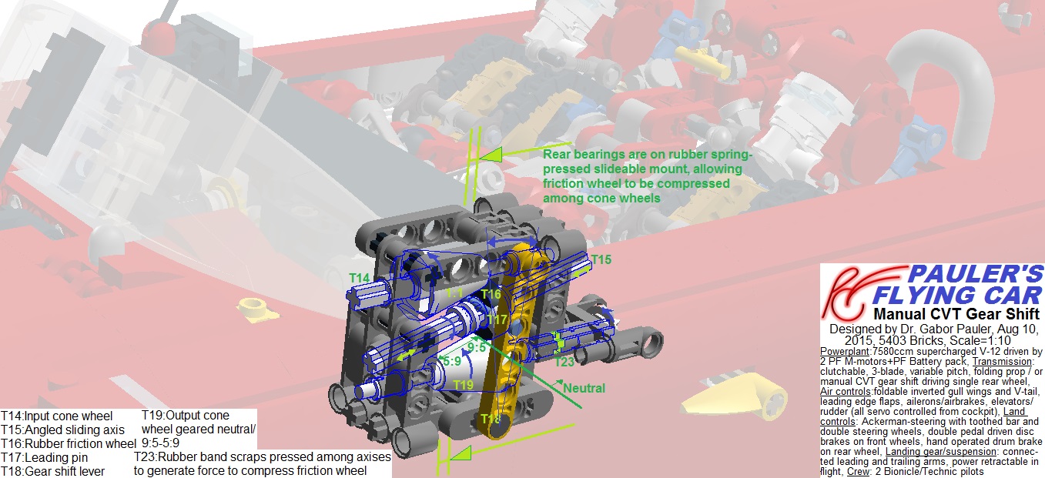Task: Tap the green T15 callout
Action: [601, 260]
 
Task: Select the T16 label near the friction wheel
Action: [491, 294]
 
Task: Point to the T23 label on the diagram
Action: [564, 362]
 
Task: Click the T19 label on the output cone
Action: [464, 384]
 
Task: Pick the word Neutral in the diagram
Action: [584, 388]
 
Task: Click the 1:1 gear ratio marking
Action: [454, 293]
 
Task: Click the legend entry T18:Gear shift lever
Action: [52, 470]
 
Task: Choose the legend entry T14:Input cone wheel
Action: [56, 416]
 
